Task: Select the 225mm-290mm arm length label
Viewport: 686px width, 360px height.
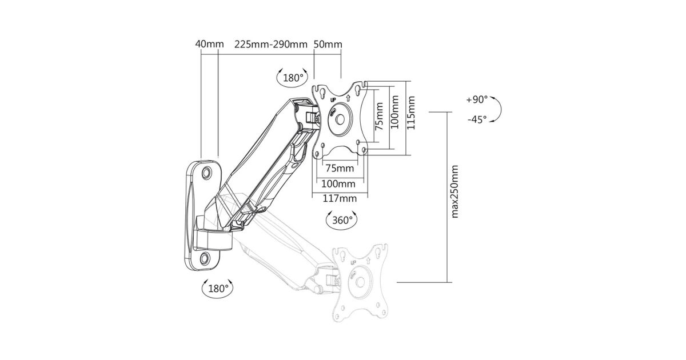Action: coord(270,44)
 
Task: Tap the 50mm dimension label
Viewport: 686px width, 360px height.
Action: coord(328,44)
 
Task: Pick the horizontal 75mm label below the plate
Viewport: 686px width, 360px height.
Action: coord(340,169)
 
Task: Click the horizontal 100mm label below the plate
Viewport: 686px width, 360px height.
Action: coord(338,184)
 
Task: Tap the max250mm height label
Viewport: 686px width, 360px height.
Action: coord(455,191)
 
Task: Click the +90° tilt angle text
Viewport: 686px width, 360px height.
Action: coord(476,99)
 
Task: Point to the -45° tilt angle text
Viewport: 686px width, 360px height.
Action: coord(476,119)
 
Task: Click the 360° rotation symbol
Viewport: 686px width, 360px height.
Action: coord(341,219)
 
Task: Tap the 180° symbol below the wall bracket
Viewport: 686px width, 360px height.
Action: coord(217,288)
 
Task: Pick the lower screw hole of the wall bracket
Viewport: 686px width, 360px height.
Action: coord(205,258)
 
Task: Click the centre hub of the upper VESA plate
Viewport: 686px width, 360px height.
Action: coord(340,119)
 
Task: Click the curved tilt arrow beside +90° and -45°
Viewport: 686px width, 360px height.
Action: coord(497,109)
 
